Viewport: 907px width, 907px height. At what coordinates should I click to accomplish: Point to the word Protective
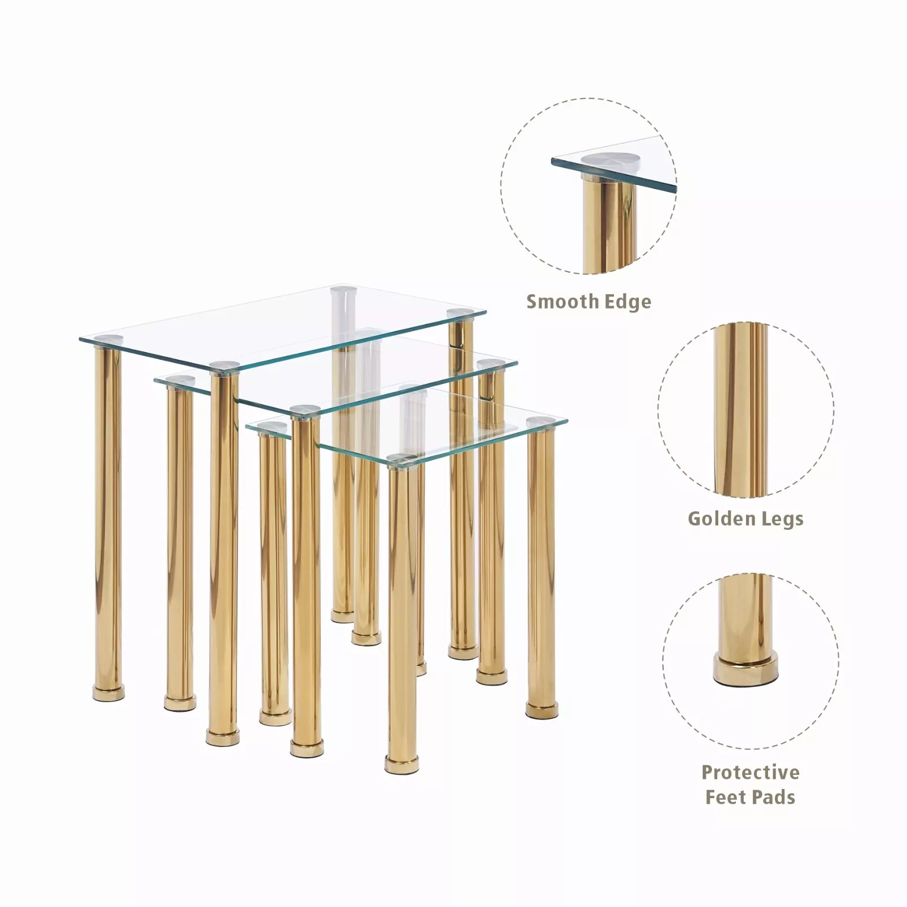(x=751, y=772)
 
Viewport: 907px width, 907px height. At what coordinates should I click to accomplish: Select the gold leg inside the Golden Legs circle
(x=741, y=410)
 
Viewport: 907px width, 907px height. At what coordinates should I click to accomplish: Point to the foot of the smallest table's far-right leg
(x=541, y=710)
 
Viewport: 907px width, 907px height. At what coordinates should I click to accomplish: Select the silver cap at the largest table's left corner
(x=108, y=339)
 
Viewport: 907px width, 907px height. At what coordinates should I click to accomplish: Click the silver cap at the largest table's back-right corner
(x=460, y=313)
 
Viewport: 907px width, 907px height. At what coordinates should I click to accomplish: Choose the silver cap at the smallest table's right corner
(x=540, y=422)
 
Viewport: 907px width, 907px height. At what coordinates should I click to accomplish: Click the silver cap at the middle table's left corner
(x=180, y=380)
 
